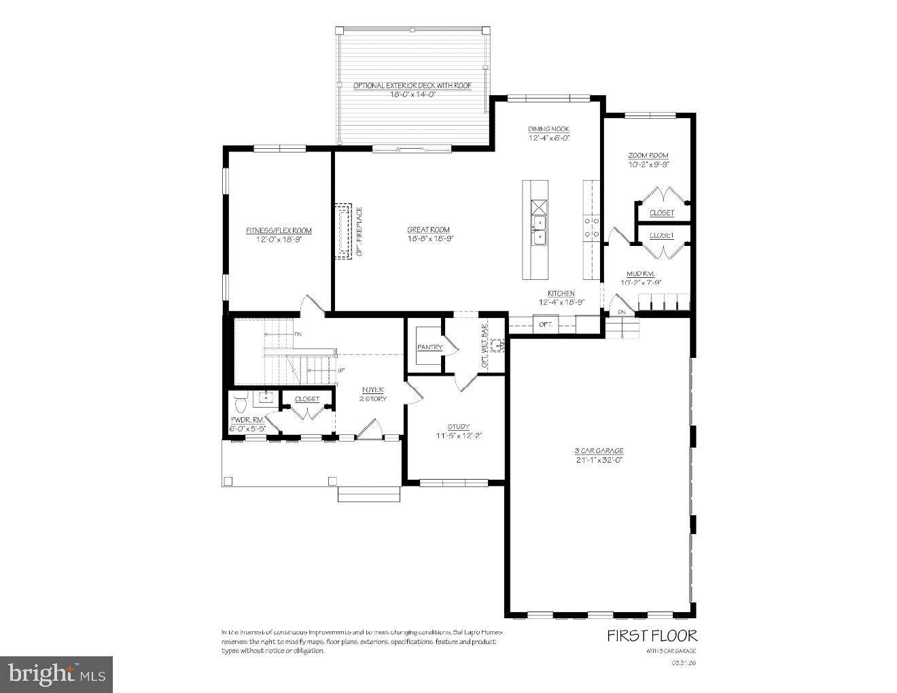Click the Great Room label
point(428,230)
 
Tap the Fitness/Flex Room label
point(279,231)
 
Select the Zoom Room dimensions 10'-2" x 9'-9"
point(648,164)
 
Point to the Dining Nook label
point(548,129)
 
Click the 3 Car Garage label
point(599,450)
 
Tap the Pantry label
point(429,347)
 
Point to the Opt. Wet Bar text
point(485,346)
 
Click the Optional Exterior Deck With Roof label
point(412,85)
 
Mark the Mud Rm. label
point(640,273)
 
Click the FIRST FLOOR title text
point(651,636)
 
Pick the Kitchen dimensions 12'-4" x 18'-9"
point(561,302)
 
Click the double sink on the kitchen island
point(538,230)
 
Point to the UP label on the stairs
point(341,370)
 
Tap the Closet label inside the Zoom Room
point(661,213)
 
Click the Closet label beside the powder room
point(307,399)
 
